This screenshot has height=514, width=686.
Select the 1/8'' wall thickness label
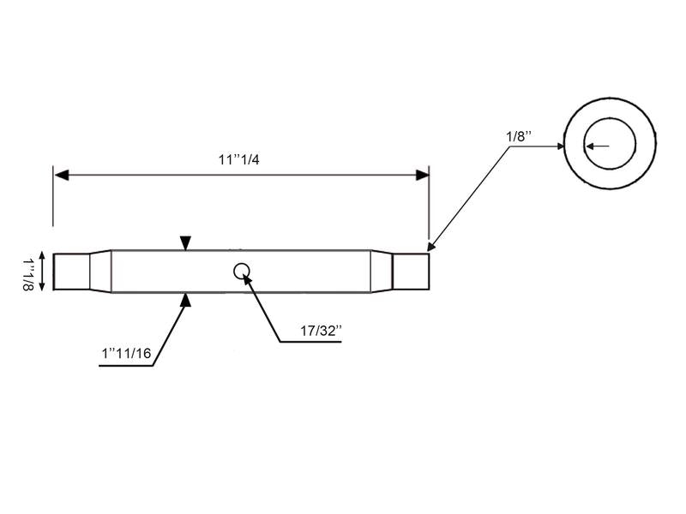[x=519, y=135]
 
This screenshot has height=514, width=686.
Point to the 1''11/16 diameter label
[x=126, y=352]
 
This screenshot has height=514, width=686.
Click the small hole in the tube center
[x=242, y=271]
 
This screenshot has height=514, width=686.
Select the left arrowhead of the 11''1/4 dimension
[x=61, y=175]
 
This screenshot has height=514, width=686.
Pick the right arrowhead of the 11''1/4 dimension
[x=422, y=175]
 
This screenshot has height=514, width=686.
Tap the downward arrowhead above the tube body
[x=185, y=244]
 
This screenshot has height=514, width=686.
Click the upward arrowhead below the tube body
[x=185, y=299]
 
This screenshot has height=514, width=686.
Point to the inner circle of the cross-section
[x=610, y=146]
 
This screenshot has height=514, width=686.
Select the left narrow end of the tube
[x=71, y=272]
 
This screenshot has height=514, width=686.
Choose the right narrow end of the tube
[x=411, y=272]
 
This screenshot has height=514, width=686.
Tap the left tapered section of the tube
[x=101, y=272]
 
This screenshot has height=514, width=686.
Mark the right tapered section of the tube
[x=382, y=272]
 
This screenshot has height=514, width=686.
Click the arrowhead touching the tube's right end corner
[x=431, y=245]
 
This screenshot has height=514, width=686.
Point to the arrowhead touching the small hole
[x=247, y=278]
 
